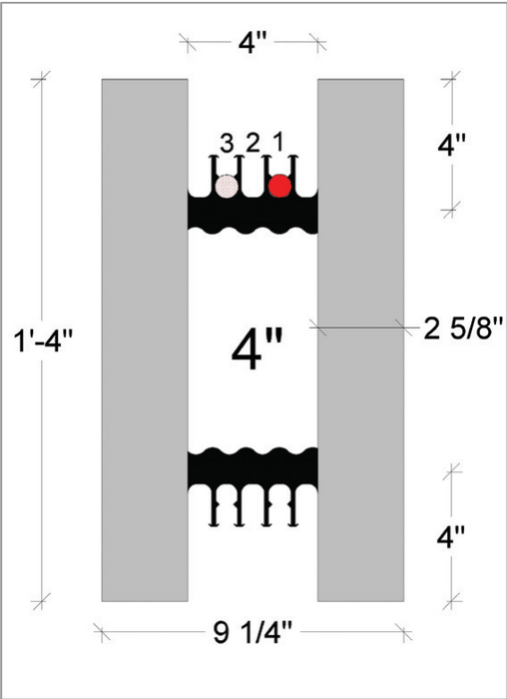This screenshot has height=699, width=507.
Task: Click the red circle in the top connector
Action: [x=279, y=186]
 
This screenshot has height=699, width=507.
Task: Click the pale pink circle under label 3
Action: [x=228, y=186]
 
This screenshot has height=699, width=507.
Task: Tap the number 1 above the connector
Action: [x=278, y=142]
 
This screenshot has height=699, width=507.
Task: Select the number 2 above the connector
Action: [x=253, y=142]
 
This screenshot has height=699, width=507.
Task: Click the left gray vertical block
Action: [x=145, y=340]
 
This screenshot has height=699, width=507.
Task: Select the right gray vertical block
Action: [x=360, y=340]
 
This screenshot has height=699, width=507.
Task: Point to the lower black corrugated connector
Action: [x=253, y=469]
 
